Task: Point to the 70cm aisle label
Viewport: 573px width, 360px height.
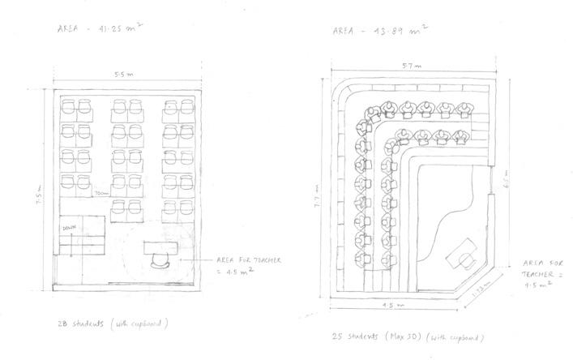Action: point(102,194)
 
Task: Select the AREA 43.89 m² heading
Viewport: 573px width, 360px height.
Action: point(380,32)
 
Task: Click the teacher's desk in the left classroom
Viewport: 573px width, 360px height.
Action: point(165,246)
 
